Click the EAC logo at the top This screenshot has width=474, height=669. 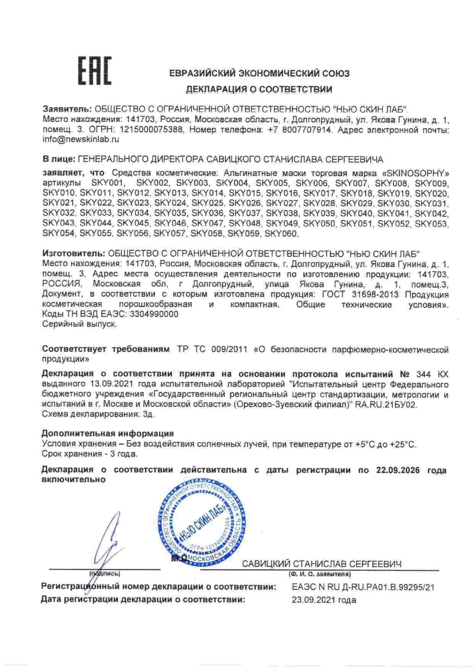tap(94, 71)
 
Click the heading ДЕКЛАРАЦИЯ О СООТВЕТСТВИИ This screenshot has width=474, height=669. tap(259, 89)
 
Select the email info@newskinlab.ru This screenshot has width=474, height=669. tap(81, 140)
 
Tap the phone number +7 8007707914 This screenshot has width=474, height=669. tap(300, 130)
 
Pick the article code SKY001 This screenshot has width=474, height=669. tap(109, 183)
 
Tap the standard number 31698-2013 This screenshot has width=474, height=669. tap(374, 295)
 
